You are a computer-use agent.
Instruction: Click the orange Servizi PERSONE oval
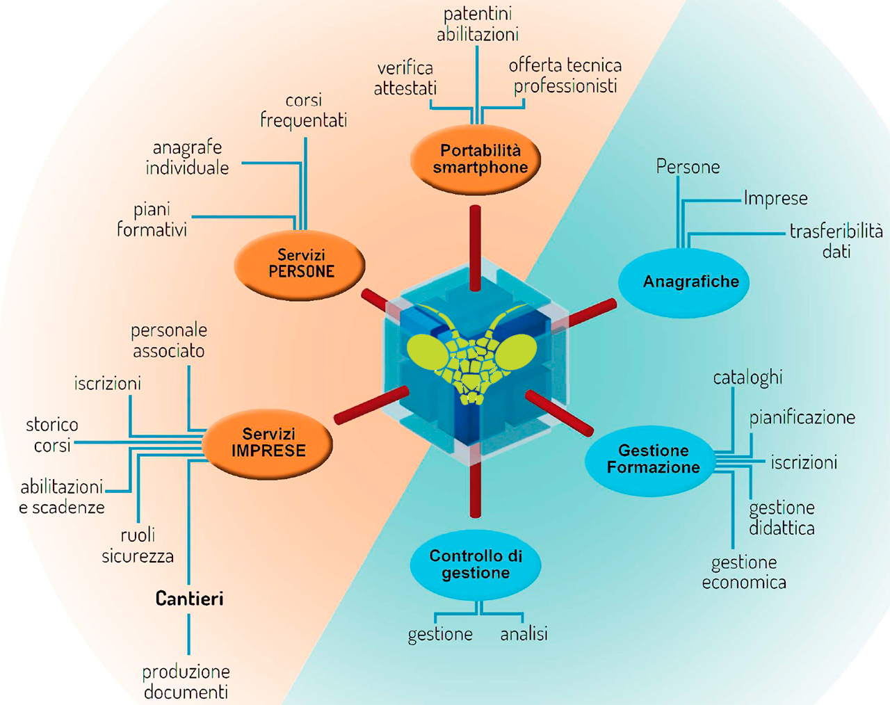pyautogui.click(x=300, y=264)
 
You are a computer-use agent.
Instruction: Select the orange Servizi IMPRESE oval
pyautogui.click(x=268, y=443)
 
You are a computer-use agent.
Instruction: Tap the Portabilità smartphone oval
pyautogui.click(x=476, y=159)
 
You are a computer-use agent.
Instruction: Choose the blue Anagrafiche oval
pyautogui.click(x=684, y=282)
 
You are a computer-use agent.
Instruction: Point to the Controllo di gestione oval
pyautogui.click(x=476, y=564)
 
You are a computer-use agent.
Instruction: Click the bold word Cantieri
pyautogui.click(x=189, y=599)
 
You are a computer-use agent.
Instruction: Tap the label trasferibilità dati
pyautogui.click(x=836, y=241)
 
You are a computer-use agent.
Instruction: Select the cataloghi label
pyautogui.click(x=747, y=378)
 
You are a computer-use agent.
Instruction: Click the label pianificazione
pyautogui.click(x=802, y=418)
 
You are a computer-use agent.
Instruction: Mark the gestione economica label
pyautogui.click(x=744, y=572)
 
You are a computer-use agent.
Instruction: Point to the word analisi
pyautogui.click(x=524, y=634)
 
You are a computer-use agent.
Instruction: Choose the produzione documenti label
pyautogui.click(x=186, y=681)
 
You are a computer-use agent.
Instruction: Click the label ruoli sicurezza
pyautogui.click(x=138, y=546)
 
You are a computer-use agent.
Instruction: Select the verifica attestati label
pyautogui.click(x=405, y=78)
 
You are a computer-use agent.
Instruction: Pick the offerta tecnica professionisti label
pyautogui.click(x=565, y=75)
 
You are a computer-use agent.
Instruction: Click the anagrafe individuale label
pyautogui.click(x=187, y=157)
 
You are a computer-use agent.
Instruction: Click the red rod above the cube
pyautogui.click(x=475, y=248)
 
